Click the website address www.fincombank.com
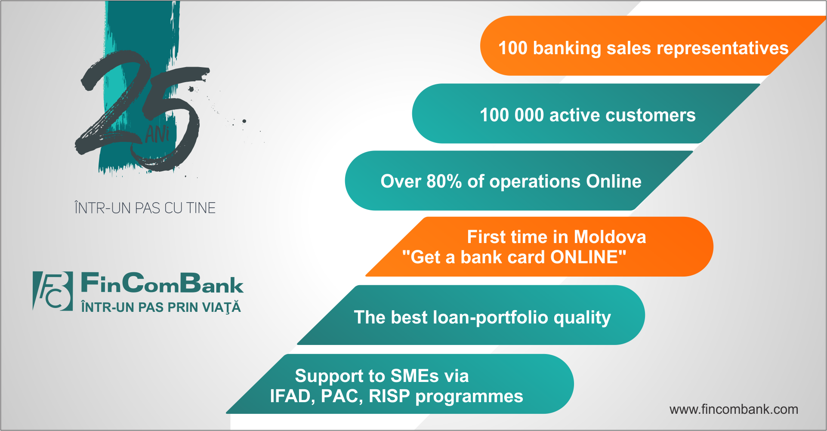click(734, 409)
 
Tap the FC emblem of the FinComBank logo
click(52, 291)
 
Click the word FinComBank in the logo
click(162, 283)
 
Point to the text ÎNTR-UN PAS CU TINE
click(145, 208)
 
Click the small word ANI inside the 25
click(157, 134)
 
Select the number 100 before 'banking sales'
click(513, 48)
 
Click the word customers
click(650, 115)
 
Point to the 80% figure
click(444, 181)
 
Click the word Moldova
click(610, 237)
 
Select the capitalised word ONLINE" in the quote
click(588, 257)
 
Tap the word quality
click(582, 318)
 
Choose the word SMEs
click(415, 376)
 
